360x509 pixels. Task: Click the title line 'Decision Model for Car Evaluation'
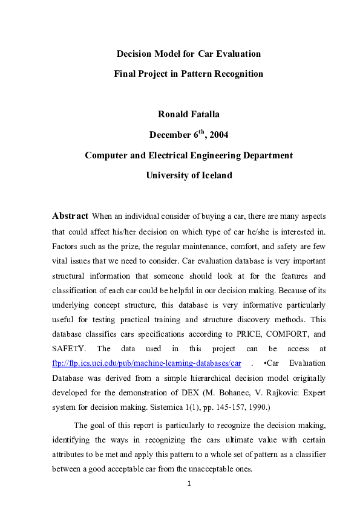click(188, 54)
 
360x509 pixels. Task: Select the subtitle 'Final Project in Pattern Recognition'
click(188, 74)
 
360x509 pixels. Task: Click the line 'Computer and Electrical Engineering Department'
click(188, 155)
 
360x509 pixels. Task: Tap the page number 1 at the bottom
click(189, 484)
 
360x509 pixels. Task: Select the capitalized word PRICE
click(242, 334)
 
